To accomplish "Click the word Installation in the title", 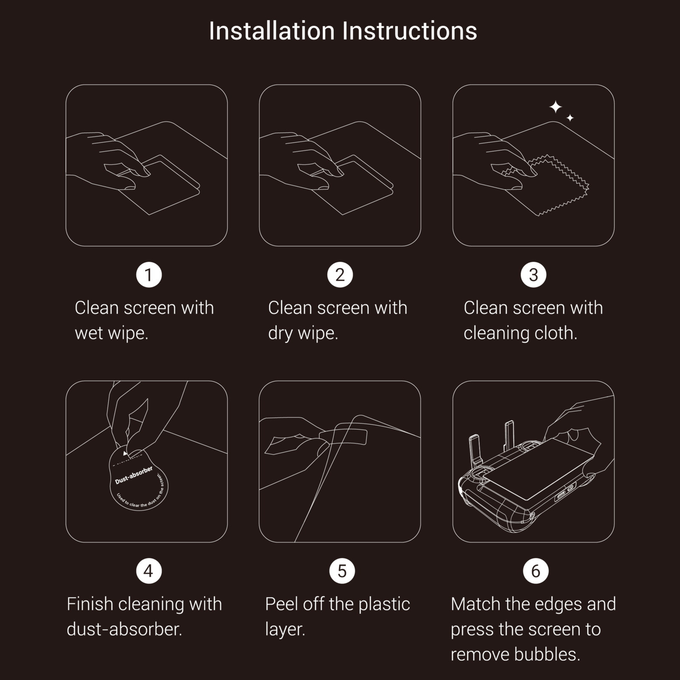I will tap(272, 31).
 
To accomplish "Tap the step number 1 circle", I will tap(149, 275).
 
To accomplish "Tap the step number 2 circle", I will tap(340, 275).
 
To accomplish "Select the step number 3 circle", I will tap(533, 275).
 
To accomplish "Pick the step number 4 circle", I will tap(149, 571).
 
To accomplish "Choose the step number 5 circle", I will tap(342, 571).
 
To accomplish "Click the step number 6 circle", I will tap(535, 571).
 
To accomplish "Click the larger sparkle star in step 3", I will tap(555, 107).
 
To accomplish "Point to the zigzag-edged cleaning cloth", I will tap(561, 187).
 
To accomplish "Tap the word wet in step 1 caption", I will tap(89, 333).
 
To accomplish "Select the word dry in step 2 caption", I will tap(280, 333).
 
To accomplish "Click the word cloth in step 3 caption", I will tap(555, 333).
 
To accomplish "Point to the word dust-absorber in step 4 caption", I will tap(124, 629).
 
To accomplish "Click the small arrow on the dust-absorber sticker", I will tap(125, 453).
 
